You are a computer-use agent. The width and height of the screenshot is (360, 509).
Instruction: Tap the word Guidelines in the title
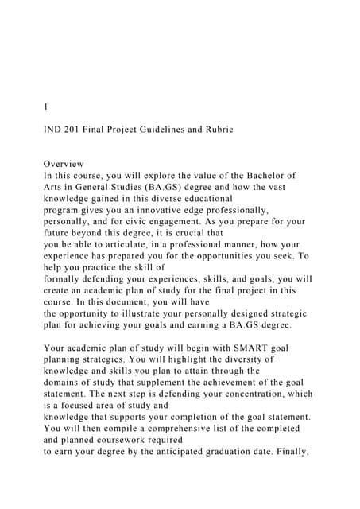pyautogui.click(x=163, y=129)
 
